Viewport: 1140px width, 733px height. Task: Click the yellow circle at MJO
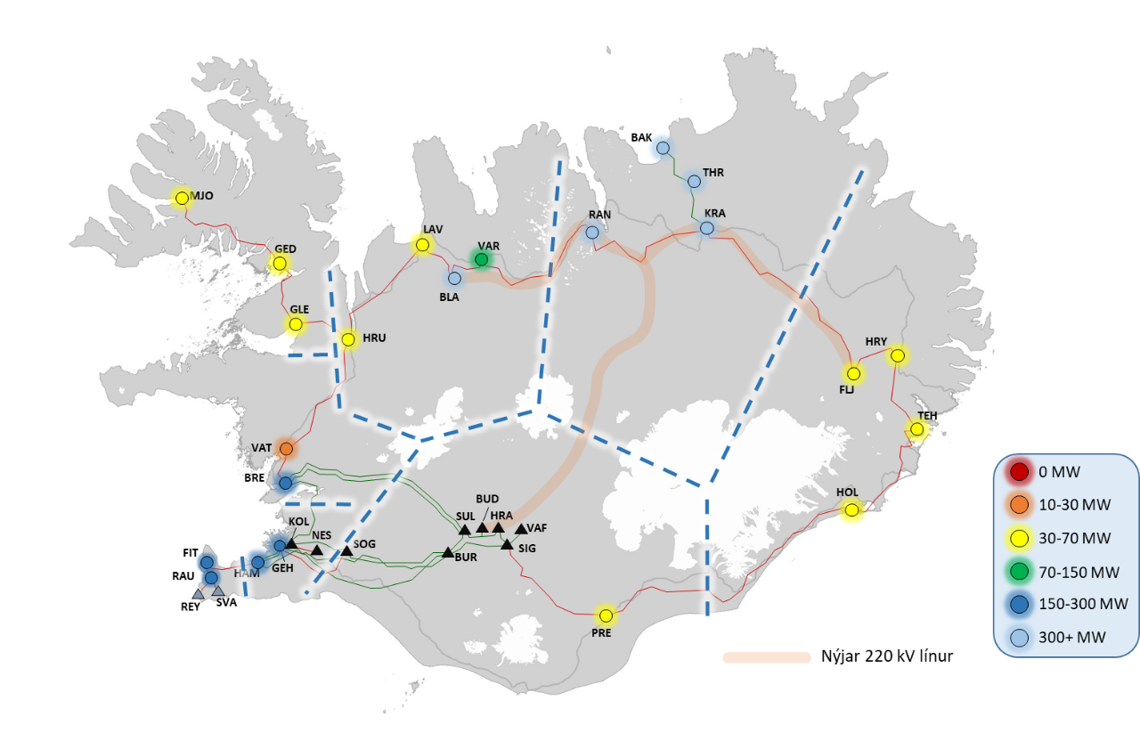(x=183, y=199)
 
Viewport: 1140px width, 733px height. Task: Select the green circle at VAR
(x=482, y=259)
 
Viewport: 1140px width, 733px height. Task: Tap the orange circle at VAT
(x=286, y=448)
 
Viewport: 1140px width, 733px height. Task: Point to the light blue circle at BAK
(x=663, y=148)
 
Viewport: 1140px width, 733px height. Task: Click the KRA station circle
(x=706, y=228)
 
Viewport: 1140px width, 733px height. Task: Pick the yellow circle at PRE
(x=606, y=615)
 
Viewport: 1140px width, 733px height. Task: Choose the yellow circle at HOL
(x=852, y=510)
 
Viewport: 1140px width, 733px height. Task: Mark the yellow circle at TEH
(x=916, y=430)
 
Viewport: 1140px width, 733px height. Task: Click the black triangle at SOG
(x=346, y=551)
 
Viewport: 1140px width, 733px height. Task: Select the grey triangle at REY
(x=198, y=594)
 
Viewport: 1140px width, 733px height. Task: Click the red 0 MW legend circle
(x=1016, y=472)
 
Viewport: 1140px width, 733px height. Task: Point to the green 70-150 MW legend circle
(x=1016, y=571)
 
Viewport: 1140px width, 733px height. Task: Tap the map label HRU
(x=376, y=338)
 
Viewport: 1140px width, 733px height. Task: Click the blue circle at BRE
(x=286, y=483)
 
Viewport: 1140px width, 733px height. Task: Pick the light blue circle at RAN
(x=592, y=232)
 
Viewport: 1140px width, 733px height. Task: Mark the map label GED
(x=285, y=248)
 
